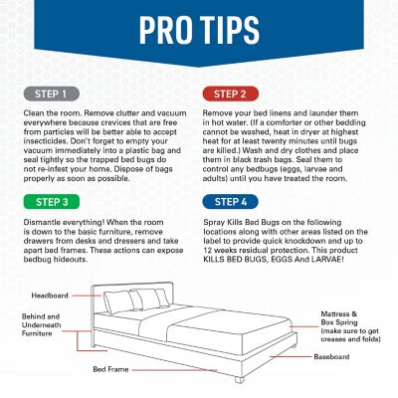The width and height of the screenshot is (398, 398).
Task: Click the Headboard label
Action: (49, 296)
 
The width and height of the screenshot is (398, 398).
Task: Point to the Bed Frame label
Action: (112, 369)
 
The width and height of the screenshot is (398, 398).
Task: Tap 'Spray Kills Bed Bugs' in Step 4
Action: (244, 221)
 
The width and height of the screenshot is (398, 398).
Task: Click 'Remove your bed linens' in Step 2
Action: (248, 115)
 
